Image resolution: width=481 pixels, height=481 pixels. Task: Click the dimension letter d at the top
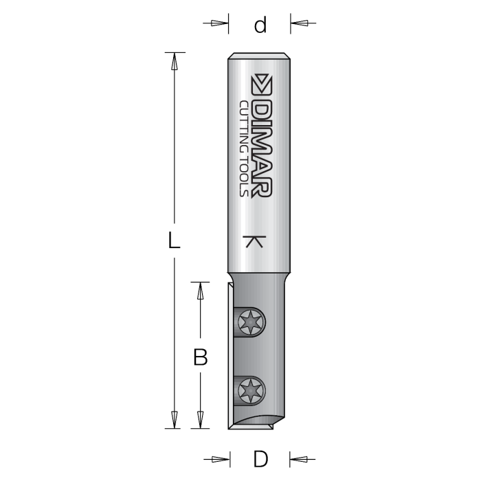(x=260, y=25)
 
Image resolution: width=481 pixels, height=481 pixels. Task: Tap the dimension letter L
(x=175, y=241)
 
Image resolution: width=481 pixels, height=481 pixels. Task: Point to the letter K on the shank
(x=254, y=242)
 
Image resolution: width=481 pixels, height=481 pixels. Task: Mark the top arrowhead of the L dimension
(x=175, y=61)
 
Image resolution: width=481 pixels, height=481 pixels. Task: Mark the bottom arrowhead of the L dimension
(x=175, y=419)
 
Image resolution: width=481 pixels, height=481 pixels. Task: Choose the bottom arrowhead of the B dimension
(x=201, y=419)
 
